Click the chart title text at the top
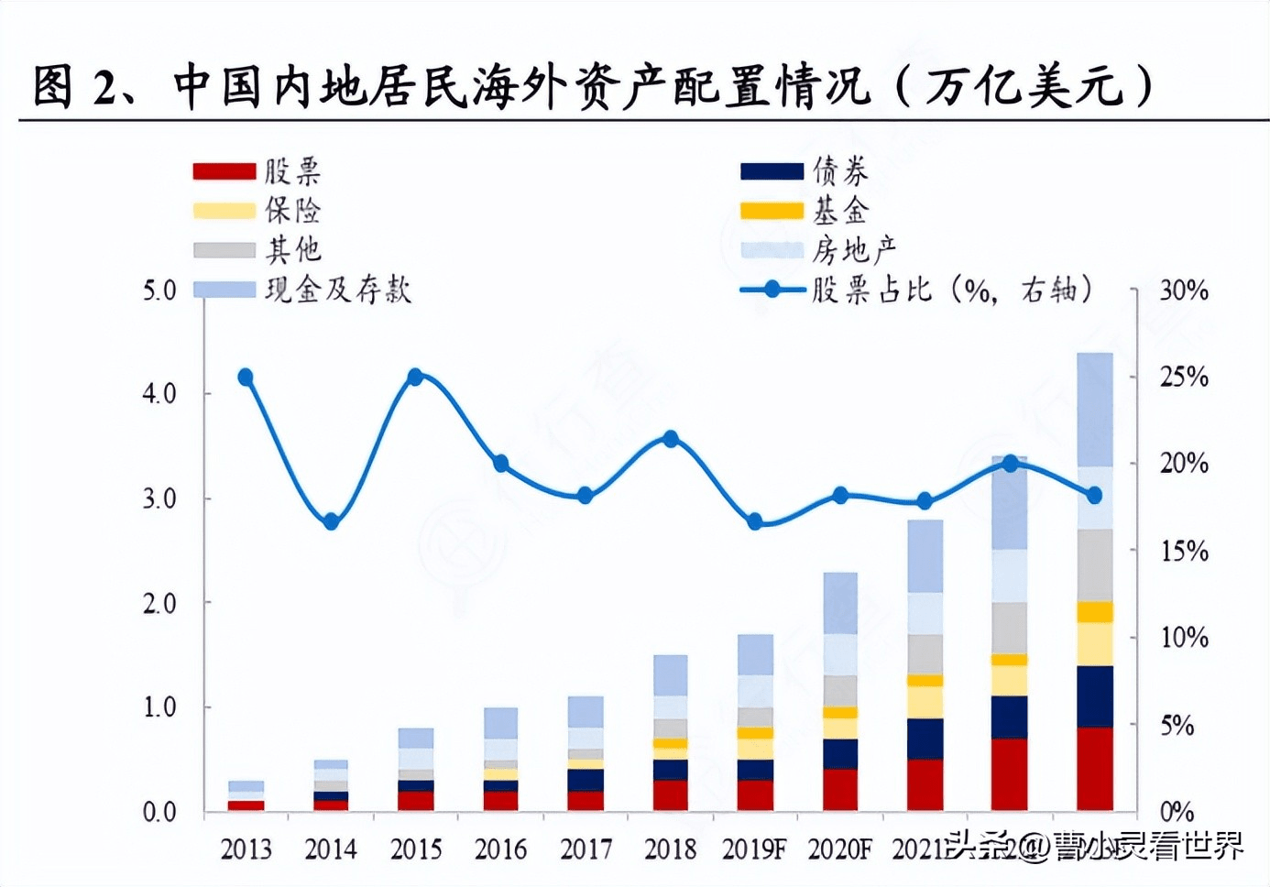point(591,87)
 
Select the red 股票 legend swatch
point(224,171)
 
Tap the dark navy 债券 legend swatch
point(772,171)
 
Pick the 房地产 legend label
point(854,249)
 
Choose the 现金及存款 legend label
point(338,290)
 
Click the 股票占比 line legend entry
point(916,290)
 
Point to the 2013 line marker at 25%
point(246,378)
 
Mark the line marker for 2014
point(332,521)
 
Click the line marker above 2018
point(671,439)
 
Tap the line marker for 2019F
point(755,521)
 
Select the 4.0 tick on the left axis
point(159,394)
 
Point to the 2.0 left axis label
point(159,603)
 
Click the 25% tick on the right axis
point(1184,377)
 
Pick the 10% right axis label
point(1184,638)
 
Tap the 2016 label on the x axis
point(500,849)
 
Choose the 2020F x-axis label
point(839,849)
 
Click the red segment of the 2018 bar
point(671,794)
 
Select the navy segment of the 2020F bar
point(840,753)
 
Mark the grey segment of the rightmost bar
point(1095,564)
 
